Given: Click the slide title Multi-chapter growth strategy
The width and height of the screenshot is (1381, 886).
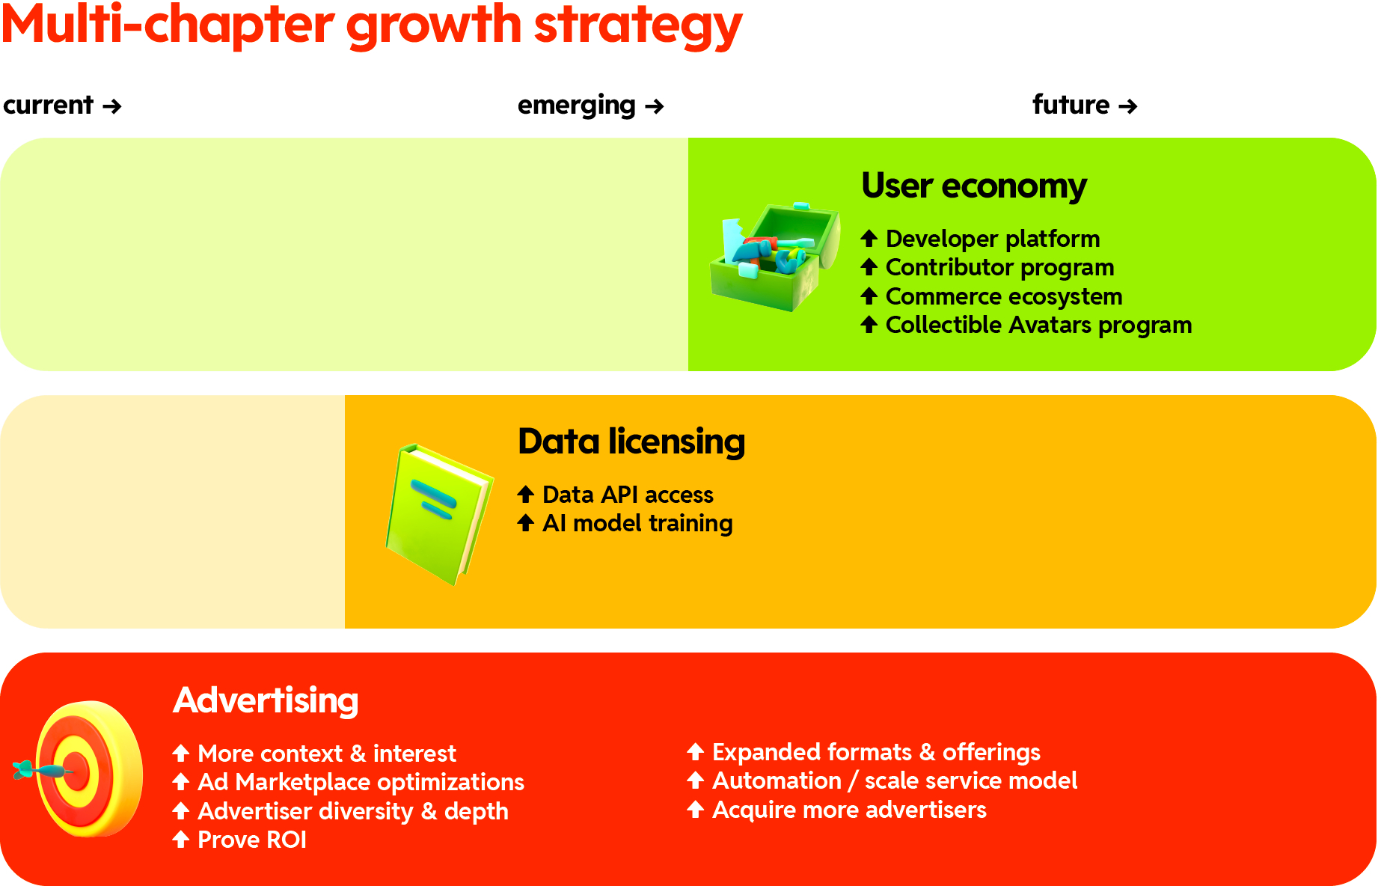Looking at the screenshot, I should (x=371, y=25).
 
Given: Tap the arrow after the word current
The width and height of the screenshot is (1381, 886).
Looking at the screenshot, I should (x=112, y=106).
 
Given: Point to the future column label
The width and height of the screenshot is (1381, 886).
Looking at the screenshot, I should (x=1071, y=105).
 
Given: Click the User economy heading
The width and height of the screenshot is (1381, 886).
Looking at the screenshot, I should (x=973, y=186).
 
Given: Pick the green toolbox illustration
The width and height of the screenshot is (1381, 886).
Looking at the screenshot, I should (x=774, y=256).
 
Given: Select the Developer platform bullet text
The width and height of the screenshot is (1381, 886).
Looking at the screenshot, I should (x=992, y=239).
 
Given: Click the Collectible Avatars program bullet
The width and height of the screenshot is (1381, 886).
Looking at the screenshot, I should (x=1038, y=325).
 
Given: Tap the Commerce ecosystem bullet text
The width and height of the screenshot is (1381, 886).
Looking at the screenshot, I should (x=1003, y=296).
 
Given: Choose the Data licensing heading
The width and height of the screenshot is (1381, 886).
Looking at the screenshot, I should (x=631, y=442).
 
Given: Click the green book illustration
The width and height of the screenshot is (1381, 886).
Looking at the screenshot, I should (x=438, y=514).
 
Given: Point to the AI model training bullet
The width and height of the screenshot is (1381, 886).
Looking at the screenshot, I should (x=637, y=523).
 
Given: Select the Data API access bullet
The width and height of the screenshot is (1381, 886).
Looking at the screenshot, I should (x=627, y=495).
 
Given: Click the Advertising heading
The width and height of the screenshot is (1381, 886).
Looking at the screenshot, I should (x=266, y=700).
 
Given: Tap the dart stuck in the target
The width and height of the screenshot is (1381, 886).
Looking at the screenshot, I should (x=41, y=769).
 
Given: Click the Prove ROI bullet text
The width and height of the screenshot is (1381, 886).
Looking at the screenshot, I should (x=251, y=840).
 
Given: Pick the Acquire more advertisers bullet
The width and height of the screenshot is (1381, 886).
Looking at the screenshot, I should (x=848, y=810).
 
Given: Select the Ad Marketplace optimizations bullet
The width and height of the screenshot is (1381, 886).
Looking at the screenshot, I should (x=360, y=782).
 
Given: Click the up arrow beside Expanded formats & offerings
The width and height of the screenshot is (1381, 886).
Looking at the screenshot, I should (x=695, y=751).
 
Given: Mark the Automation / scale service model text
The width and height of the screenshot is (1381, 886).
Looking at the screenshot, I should (x=894, y=780).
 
